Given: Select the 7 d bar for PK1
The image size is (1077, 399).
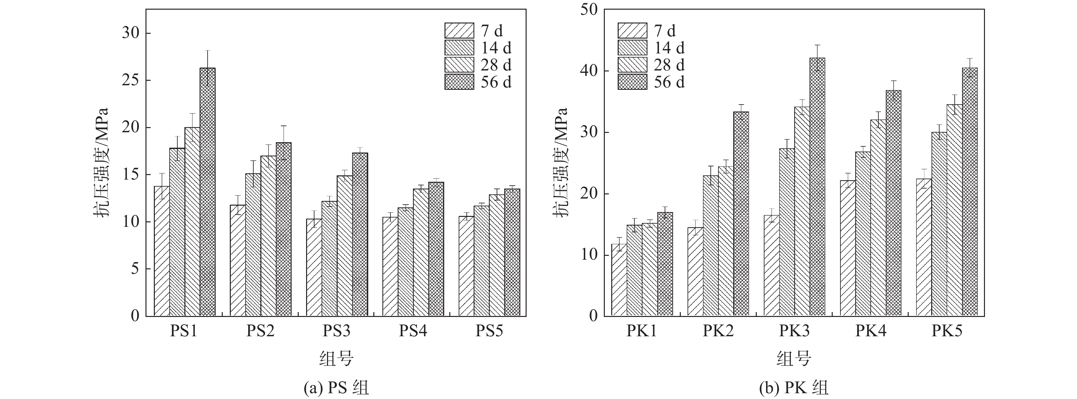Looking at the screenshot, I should pyautogui.click(x=619, y=280).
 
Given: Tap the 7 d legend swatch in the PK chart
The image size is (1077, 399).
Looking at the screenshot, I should pyautogui.click(x=632, y=31).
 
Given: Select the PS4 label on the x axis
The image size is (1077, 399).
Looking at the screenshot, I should pyautogui.click(x=413, y=331).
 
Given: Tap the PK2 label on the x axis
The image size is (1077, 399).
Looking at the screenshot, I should pyautogui.click(x=718, y=331).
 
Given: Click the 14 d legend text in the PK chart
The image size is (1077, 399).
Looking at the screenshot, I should pyautogui.click(x=669, y=48).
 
